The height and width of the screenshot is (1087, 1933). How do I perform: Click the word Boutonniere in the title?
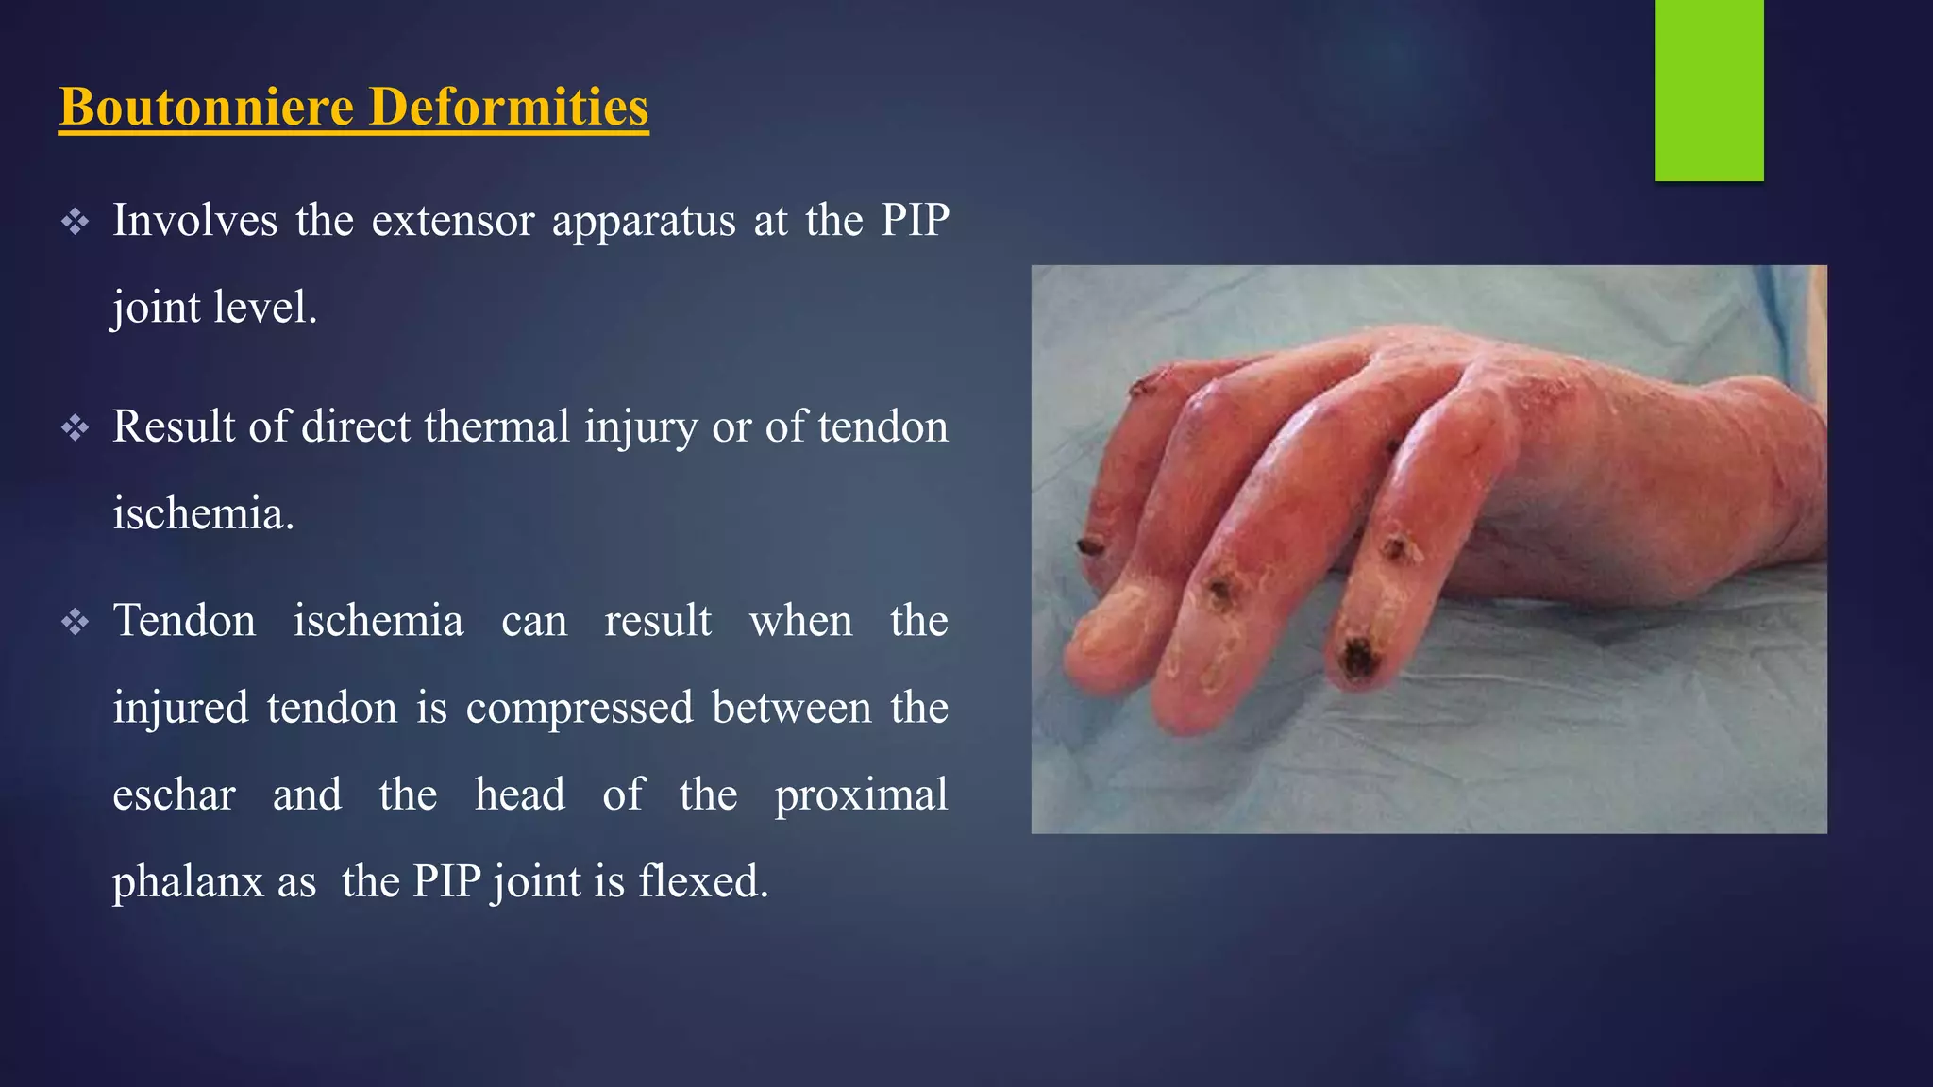coord(206,106)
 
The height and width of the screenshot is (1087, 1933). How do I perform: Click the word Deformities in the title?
coord(509,106)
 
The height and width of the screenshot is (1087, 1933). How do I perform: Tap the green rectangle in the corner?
coord(1708,90)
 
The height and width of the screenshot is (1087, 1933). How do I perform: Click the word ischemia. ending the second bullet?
coord(203,514)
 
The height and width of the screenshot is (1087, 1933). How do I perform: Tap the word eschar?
coord(174,794)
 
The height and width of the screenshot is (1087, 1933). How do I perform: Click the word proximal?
coord(861,794)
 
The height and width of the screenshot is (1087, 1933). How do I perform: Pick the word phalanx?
coord(188,882)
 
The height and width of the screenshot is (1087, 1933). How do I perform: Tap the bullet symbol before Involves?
coord(76,223)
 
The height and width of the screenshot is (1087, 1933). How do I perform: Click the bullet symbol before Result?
coord(76,429)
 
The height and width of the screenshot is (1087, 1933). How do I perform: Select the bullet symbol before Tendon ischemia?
coord(76,623)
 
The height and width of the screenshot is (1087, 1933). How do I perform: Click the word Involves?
coord(194,221)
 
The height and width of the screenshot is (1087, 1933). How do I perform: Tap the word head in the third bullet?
coord(519,794)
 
